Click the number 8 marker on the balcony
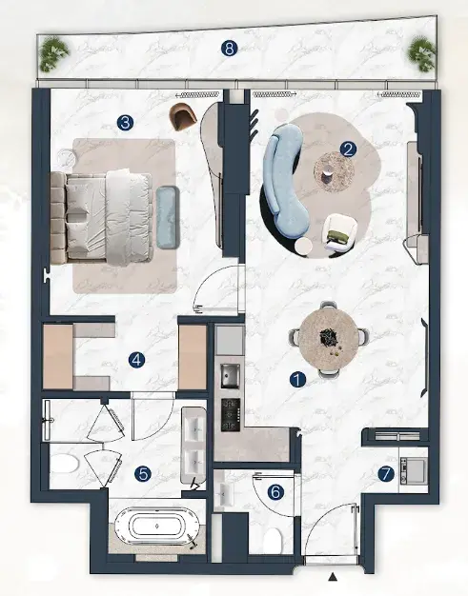pos(229,49)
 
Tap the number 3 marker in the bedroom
pos(125,123)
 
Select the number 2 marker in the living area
pos(348,149)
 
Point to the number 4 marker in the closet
pos(136,360)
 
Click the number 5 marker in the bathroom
pos(143,473)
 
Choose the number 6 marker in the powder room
pos(275,492)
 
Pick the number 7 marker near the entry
pos(386,473)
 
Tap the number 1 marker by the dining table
pos(297,379)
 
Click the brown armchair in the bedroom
pos(184,115)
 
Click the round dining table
pos(328,340)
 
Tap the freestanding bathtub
pos(156,526)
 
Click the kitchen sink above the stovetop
pos(231,375)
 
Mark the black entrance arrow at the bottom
pos(334,577)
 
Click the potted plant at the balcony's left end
pos(53,54)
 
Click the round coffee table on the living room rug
pos(334,171)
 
